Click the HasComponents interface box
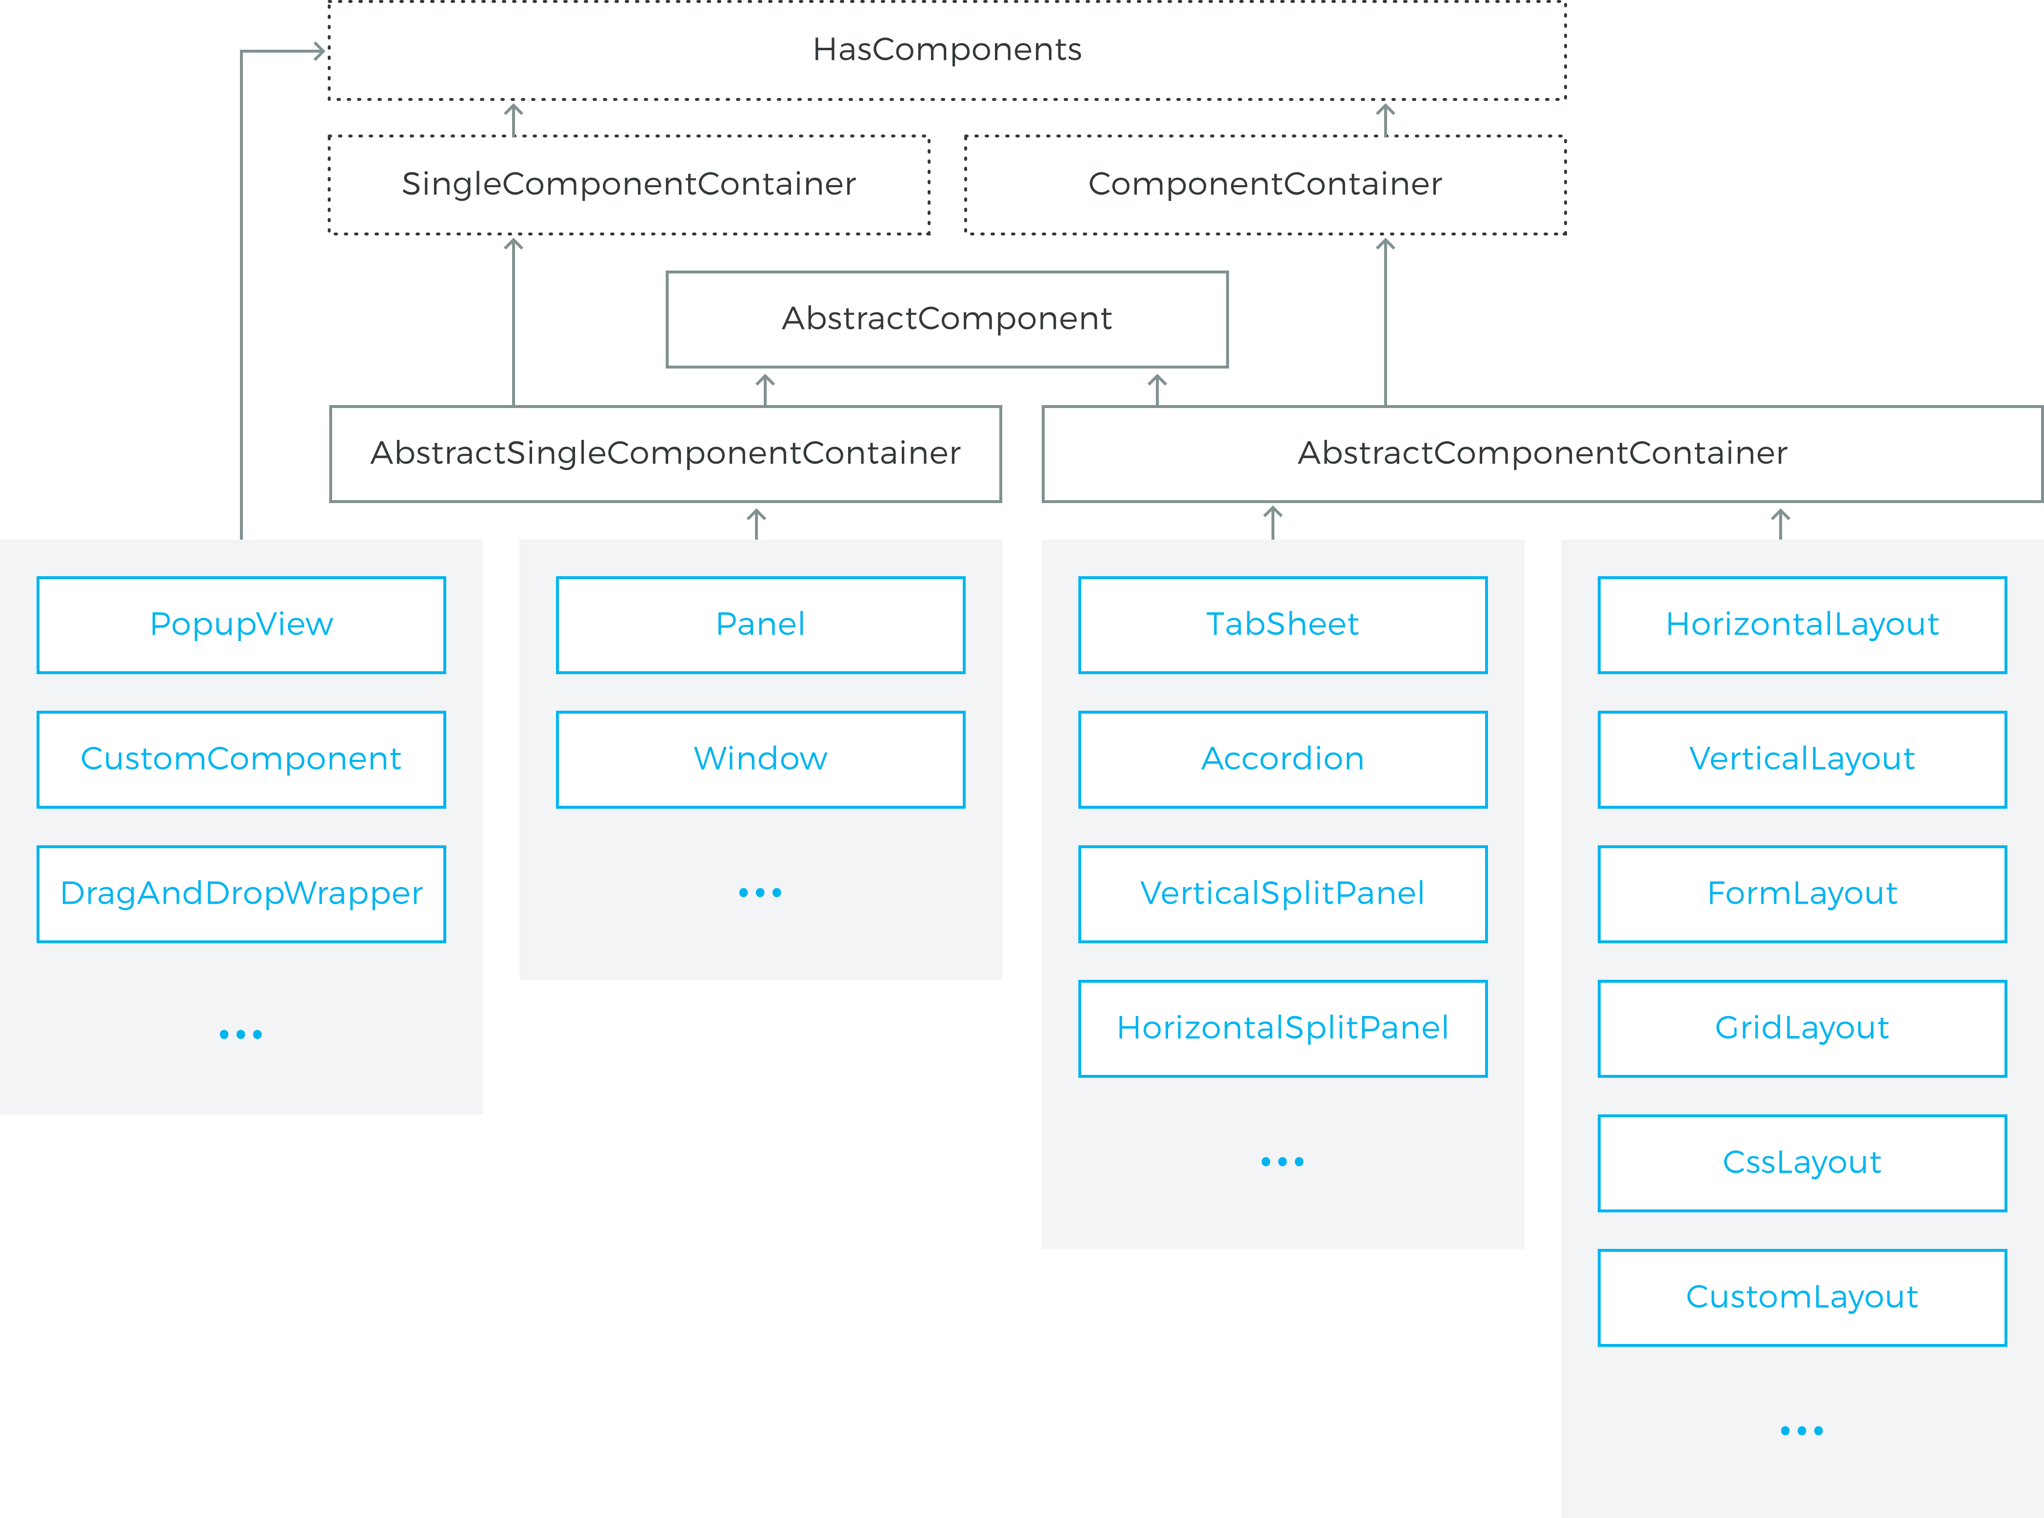947,50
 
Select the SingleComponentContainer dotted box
629,185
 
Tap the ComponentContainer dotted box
1265,185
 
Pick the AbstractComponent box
947,319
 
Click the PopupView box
241,625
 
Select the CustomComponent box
241,759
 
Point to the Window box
760,759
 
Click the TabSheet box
1282,625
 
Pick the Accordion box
1282,759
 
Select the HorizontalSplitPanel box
1282,1028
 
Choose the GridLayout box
1802,1028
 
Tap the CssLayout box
1802,1163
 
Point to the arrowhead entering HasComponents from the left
320,52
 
